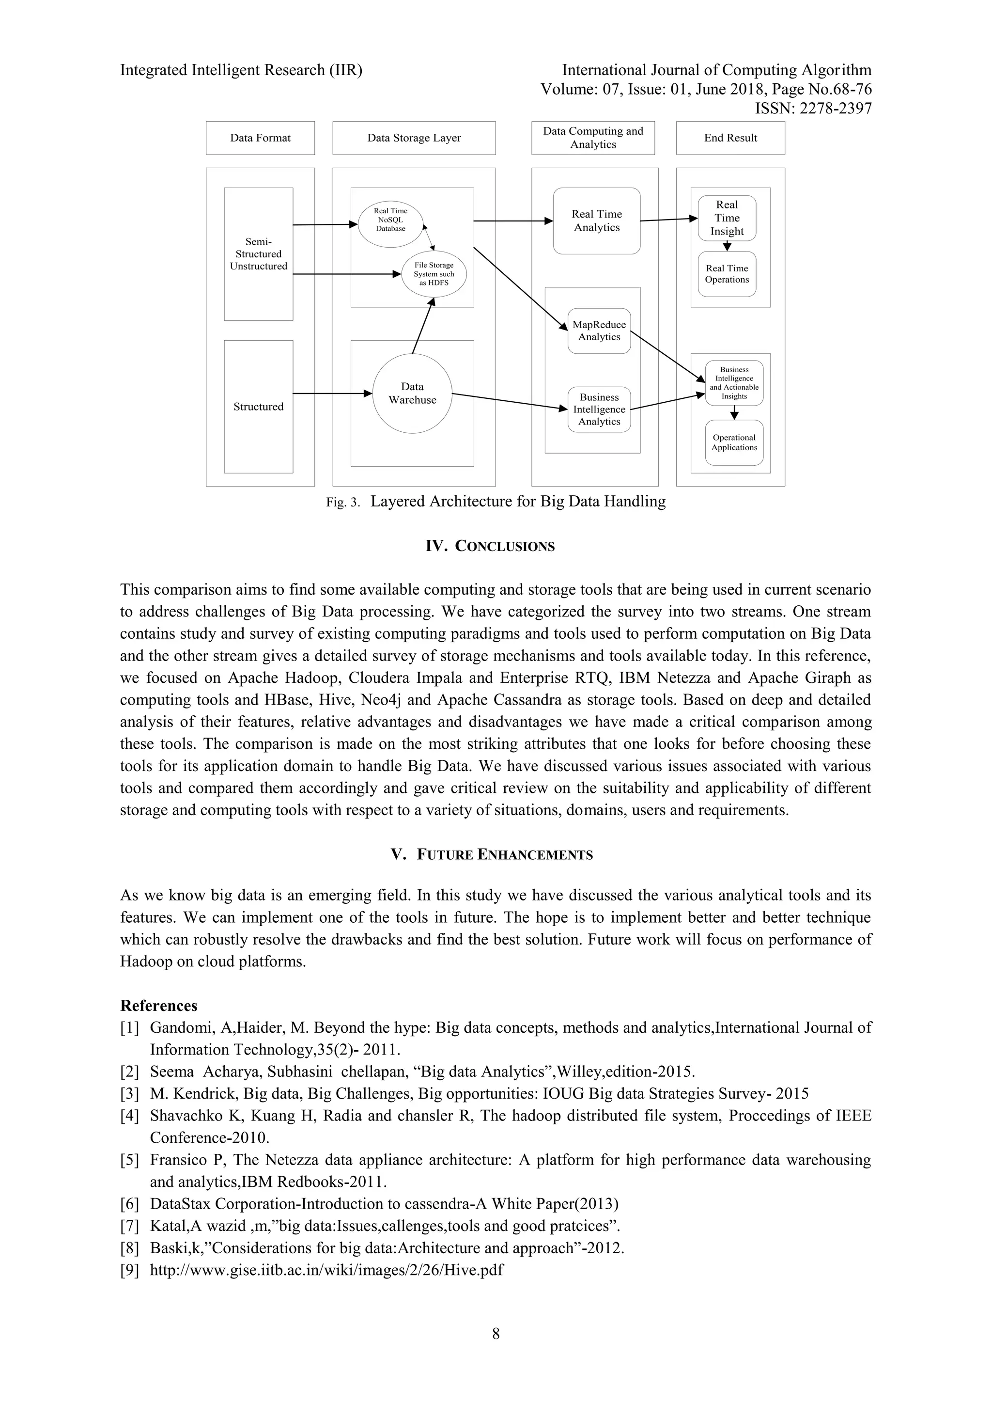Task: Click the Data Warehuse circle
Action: pyautogui.click(x=412, y=394)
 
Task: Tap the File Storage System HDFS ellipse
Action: pyautogui.click(x=434, y=274)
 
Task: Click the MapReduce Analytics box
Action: pyautogui.click(x=599, y=331)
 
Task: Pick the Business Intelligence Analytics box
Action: pyautogui.click(x=599, y=409)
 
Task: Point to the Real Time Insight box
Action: pyautogui.click(x=727, y=218)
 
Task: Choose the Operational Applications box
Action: pyautogui.click(x=734, y=442)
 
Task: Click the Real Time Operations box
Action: pyautogui.click(x=727, y=274)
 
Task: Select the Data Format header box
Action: pyautogui.click(x=260, y=138)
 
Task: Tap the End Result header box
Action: pyautogui.click(x=730, y=138)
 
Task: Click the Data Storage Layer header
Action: pyautogui.click(x=414, y=138)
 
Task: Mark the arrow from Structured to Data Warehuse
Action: pyautogui.click(x=333, y=394)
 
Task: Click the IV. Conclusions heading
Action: pyautogui.click(x=490, y=546)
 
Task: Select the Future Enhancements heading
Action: pyautogui.click(x=492, y=854)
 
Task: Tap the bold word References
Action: pyautogui.click(x=159, y=1006)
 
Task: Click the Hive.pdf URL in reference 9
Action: pyautogui.click(x=327, y=1270)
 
